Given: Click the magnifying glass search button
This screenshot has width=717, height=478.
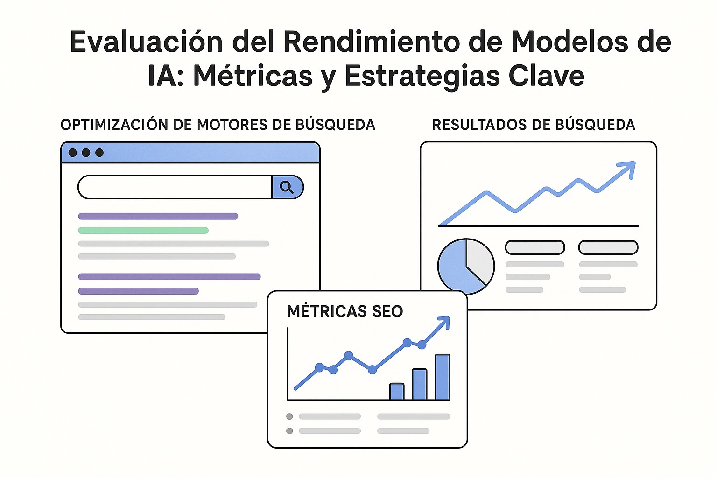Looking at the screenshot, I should [x=287, y=187].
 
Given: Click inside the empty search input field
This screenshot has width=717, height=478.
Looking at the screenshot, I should [x=175, y=187].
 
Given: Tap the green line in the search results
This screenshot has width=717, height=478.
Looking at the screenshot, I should [x=143, y=230].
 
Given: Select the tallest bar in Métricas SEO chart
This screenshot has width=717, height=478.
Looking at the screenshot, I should [x=443, y=377].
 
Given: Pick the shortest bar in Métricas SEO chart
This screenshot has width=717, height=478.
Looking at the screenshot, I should [x=397, y=391].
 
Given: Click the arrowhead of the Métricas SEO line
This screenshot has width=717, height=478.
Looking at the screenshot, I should [x=445, y=321].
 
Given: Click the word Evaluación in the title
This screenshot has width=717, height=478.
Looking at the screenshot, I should [x=146, y=42].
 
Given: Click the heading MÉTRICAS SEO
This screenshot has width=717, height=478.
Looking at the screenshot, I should [x=345, y=311].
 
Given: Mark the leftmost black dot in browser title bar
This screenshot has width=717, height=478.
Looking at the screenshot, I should [x=73, y=153].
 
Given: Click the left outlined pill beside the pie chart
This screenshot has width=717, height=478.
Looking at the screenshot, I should [x=535, y=247].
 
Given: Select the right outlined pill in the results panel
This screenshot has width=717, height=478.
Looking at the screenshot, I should [x=608, y=247].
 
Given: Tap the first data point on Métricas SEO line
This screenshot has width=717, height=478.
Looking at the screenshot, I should [x=320, y=367].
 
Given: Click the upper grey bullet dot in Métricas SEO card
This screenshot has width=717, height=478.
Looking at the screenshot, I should [x=289, y=416].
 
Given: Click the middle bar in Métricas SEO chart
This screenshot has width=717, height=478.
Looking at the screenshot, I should [x=420, y=384].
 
